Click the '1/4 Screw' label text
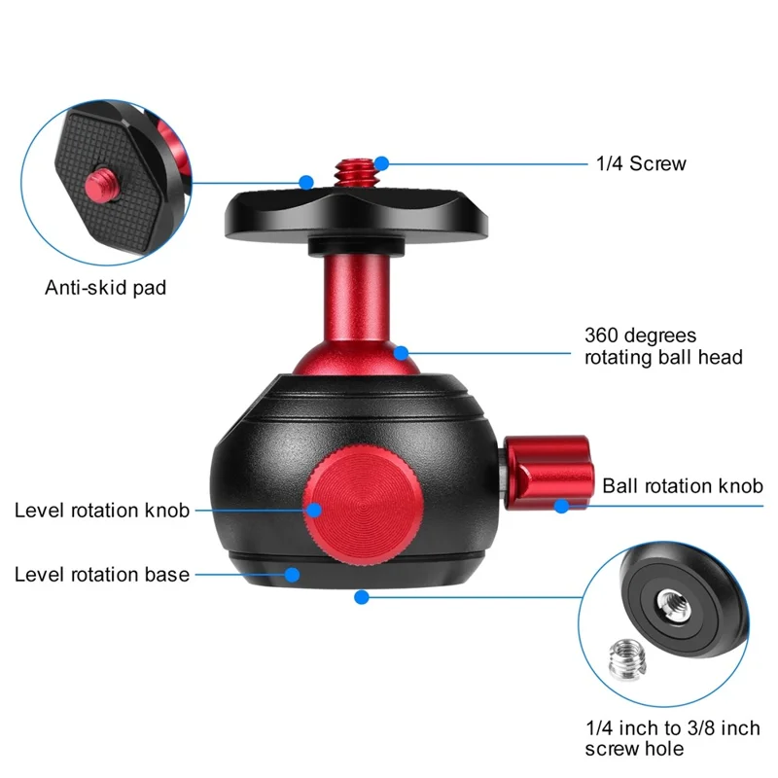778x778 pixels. [x=642, y=163]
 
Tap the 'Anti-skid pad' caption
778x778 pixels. [x=106, y=287]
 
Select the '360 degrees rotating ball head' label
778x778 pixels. [x=663, y=346]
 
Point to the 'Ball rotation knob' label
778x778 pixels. [x=683, y=485]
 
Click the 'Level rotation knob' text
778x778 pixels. [x=102, y=510]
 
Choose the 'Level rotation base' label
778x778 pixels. [x=102, y=574]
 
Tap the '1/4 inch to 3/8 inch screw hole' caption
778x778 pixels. [x=672, y=738]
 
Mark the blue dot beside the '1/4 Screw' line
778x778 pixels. [x=382, y=162]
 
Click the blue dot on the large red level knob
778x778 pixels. [x=313, y=510]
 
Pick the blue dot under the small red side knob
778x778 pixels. [x=561, y=506]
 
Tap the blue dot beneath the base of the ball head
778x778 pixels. [x=362, y=596]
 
